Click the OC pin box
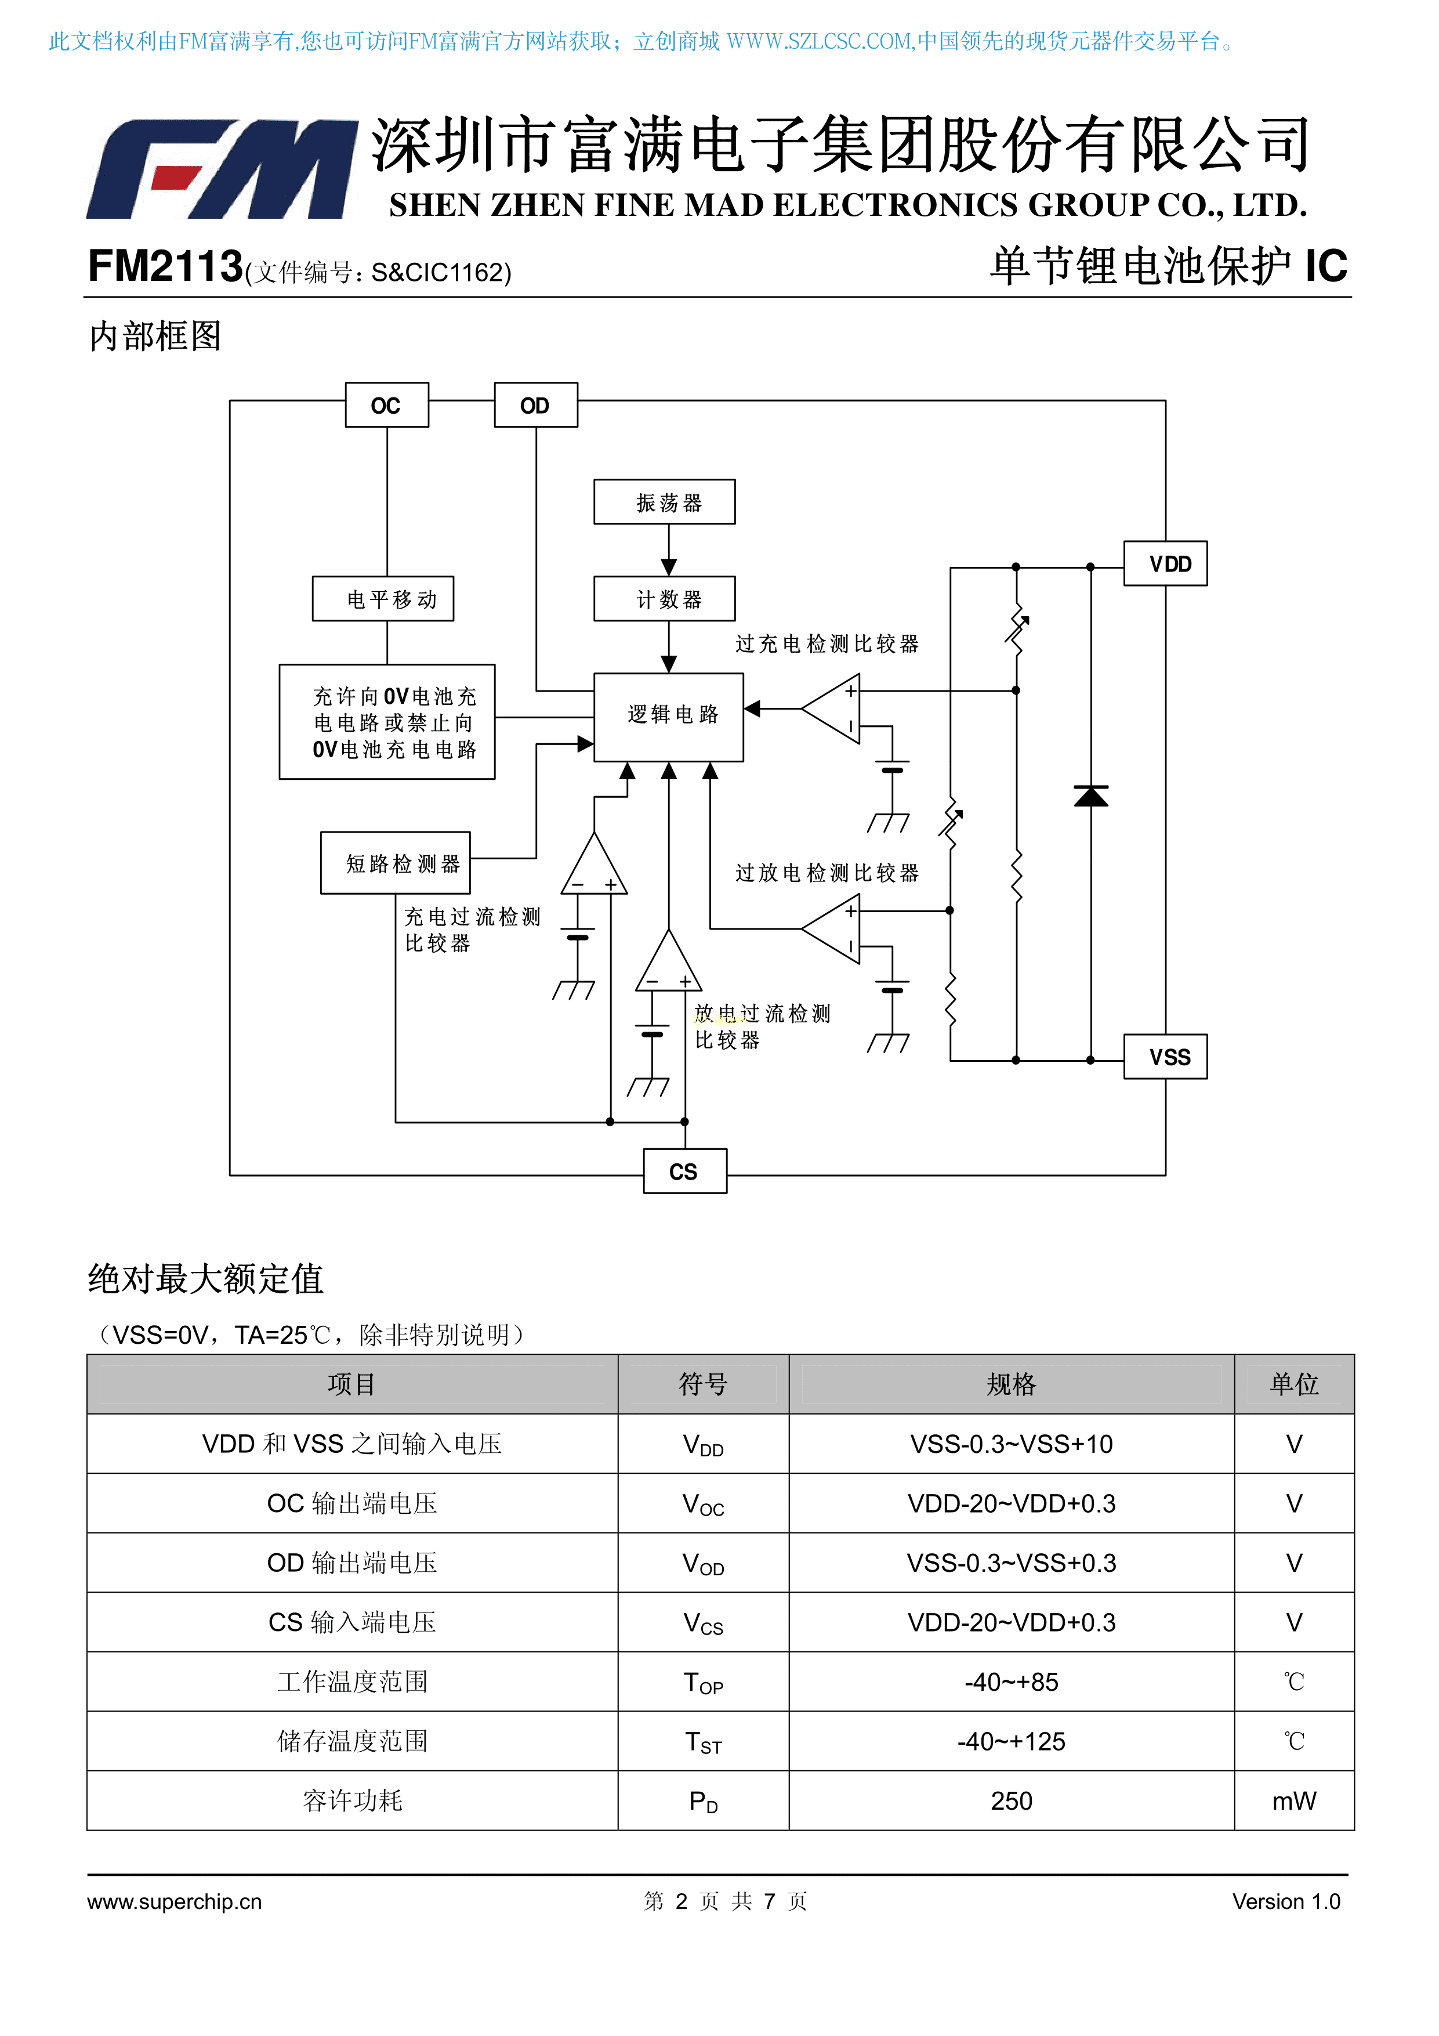coord(386,405)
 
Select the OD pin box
coord(535,405)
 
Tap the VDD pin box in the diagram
coord(1165,563)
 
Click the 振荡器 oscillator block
coord(664,502)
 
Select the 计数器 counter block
coord(664,599)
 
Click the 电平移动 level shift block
coord(383,599)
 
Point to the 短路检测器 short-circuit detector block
coord(396,863)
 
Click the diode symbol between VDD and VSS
coord(1090,796)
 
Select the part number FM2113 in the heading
coord(165,266)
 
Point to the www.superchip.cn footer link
coord(175,1901)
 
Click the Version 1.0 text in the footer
coord(1286,1901)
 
